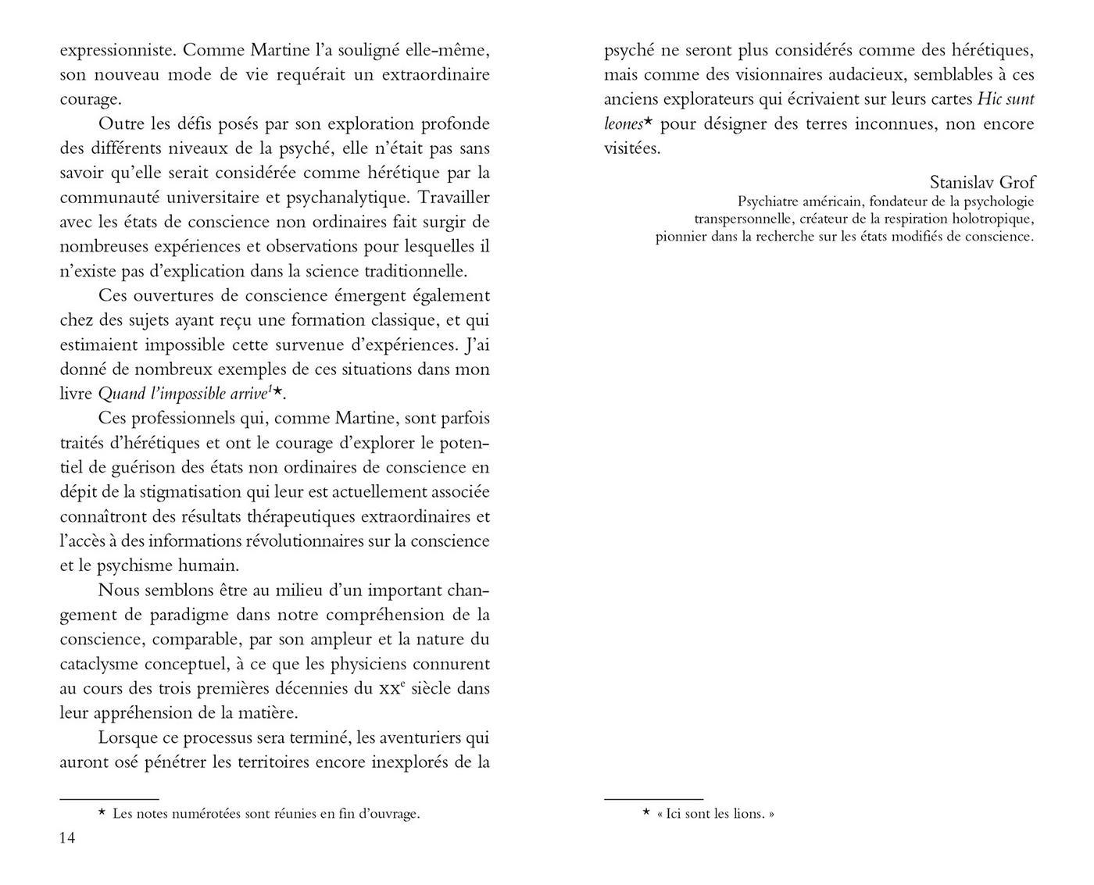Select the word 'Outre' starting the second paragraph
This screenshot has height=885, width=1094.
point(121,124)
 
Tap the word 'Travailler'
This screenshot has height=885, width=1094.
point(452,198)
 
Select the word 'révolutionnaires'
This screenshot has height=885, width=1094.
point(313,541)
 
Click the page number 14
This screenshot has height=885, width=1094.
point(67,837)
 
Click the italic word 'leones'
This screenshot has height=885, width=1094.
point(623,124)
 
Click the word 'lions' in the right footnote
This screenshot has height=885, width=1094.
point(748,814)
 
